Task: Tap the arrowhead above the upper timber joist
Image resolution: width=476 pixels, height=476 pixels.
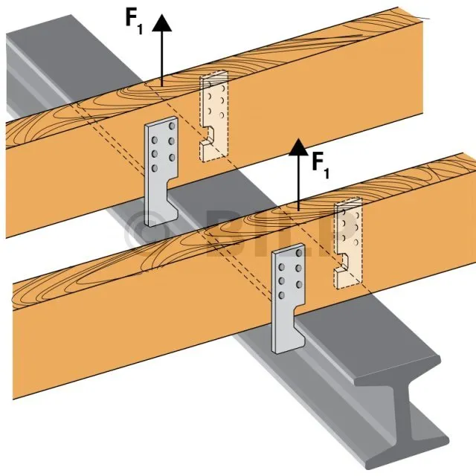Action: [x=161, y=23]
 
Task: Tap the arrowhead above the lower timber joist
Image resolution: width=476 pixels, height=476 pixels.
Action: [x=298, y=147]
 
